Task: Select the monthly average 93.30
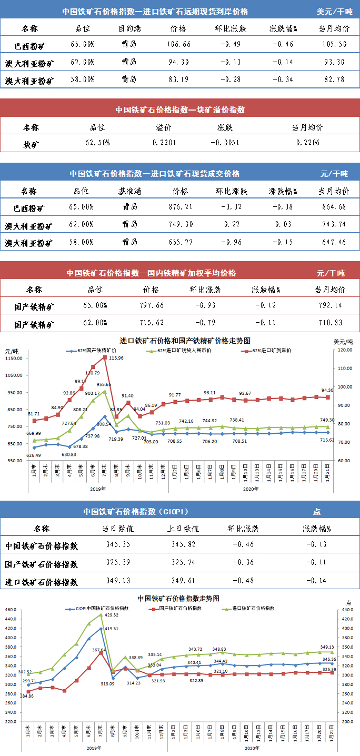(332, 62)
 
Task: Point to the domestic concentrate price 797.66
(154, 305)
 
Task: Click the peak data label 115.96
(116, 358)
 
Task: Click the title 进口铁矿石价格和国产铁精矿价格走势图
(177, 341)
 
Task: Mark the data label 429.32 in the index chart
(111, 615)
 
